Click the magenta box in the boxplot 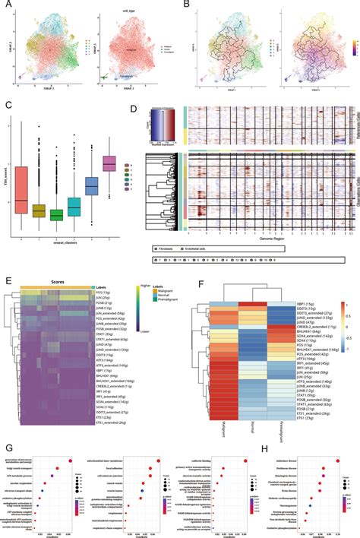[x=109, y=163]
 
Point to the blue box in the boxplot [x=91, y=186]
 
